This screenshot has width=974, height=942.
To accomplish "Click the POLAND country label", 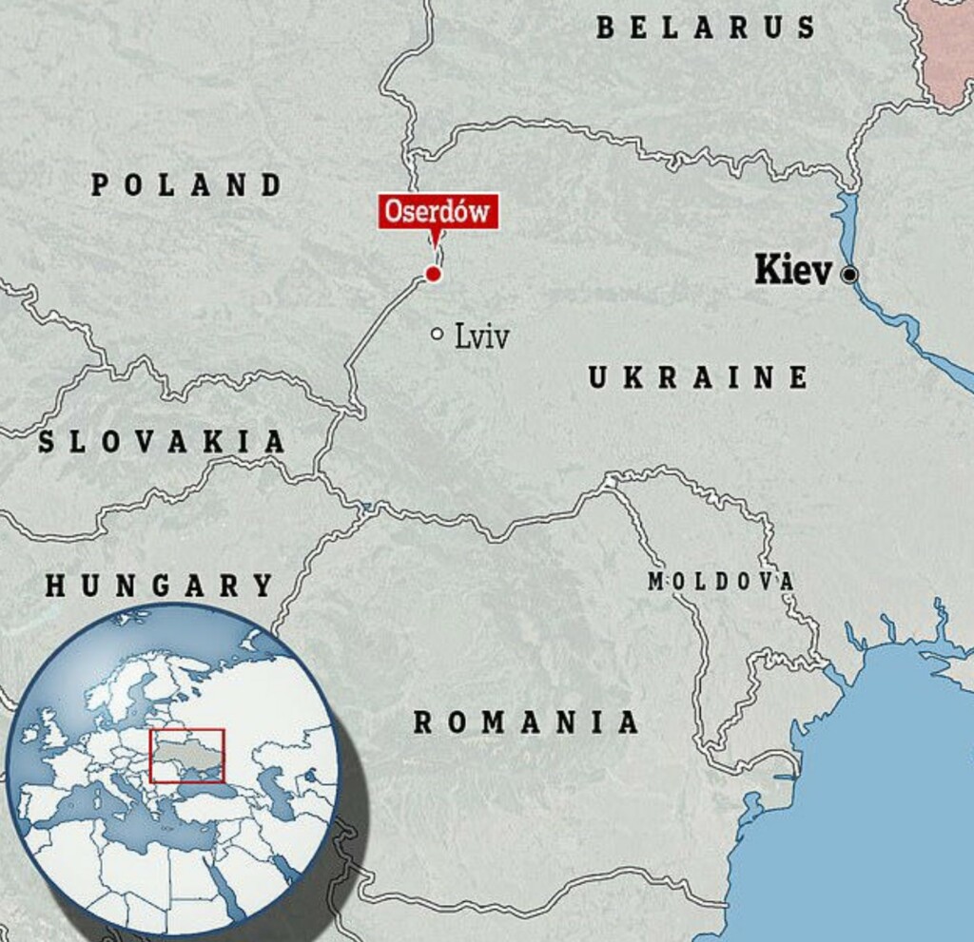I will click(187, 184).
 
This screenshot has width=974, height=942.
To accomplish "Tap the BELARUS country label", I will click(706, 28).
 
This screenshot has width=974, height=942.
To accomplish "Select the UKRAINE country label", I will click(698, 378).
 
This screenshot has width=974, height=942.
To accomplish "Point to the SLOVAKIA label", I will click(162, 442).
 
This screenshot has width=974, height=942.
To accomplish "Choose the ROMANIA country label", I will click(526, 722).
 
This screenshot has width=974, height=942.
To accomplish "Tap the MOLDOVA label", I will click(720, 582).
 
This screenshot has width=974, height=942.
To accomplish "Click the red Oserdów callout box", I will click(438, 211).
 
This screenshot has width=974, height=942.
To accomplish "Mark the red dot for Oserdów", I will click(434, 275).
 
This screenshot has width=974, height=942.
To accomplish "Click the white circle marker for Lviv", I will click(437, 334).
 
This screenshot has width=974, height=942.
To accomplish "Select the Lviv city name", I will click(481, 336).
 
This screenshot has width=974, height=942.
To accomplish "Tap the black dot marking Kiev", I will click(849, 275).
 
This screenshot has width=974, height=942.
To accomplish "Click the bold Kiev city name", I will click(792, 272).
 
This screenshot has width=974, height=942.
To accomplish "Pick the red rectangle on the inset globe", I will click(186, 755).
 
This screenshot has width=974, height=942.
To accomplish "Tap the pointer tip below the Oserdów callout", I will click(437, 244).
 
